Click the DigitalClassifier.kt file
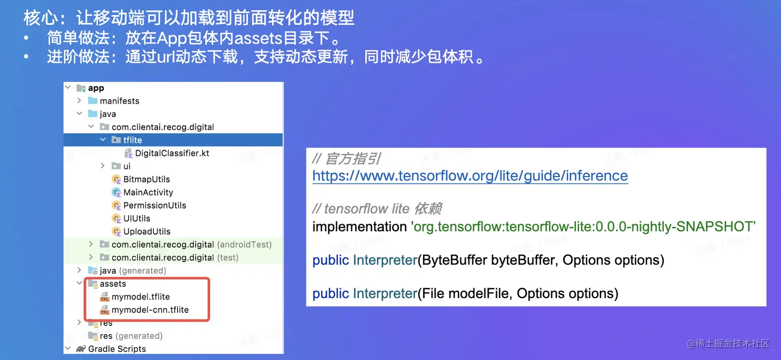(171, 153)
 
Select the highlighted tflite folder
(132, 140)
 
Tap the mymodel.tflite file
(140, 297)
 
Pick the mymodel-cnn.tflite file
(150, 310)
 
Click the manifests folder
(119, 101)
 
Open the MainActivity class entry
(148, 192)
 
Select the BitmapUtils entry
(146, 179)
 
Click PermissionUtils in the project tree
(154, 205)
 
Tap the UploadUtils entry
(147, 231)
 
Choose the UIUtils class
(136, 218)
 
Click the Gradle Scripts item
(117, 349)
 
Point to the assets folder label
(113, 284)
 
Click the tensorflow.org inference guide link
(470, 176)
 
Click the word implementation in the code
(360, 227)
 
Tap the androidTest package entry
(191, 244)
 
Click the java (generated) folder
(132, 271)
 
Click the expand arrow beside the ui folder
(102, 166)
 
